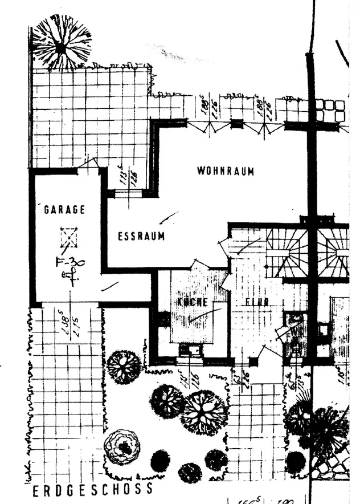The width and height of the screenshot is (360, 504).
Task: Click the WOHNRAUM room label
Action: point(226,170)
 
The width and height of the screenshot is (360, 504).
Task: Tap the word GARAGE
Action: point(64,210)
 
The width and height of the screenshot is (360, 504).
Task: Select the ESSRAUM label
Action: point(141,236)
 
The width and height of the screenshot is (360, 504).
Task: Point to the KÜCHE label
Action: point(192,302)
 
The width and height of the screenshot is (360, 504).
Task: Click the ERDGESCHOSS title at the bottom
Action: point(92,489)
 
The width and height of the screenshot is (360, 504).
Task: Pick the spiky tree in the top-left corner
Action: point(61,42)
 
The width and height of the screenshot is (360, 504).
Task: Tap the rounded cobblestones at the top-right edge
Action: point(332,110)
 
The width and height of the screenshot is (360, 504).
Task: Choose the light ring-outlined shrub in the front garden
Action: point(122,446)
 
